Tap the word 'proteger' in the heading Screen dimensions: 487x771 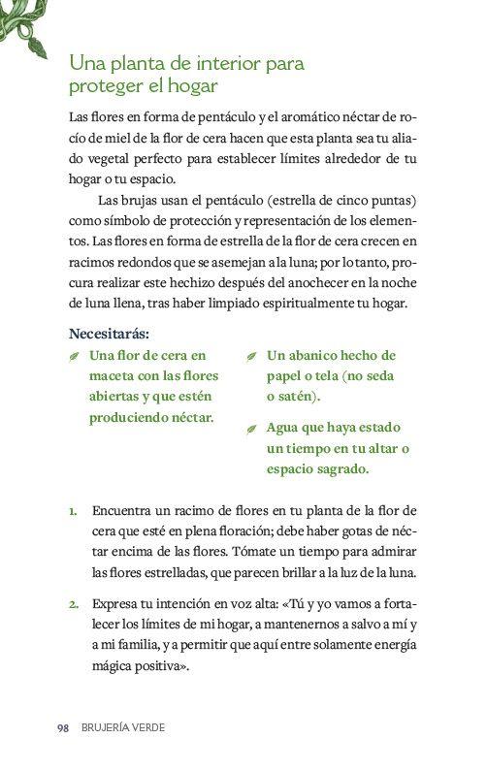coord(105,87)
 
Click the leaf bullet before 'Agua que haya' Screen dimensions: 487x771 coord(251,429)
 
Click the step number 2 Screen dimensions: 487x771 coord(73,604)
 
